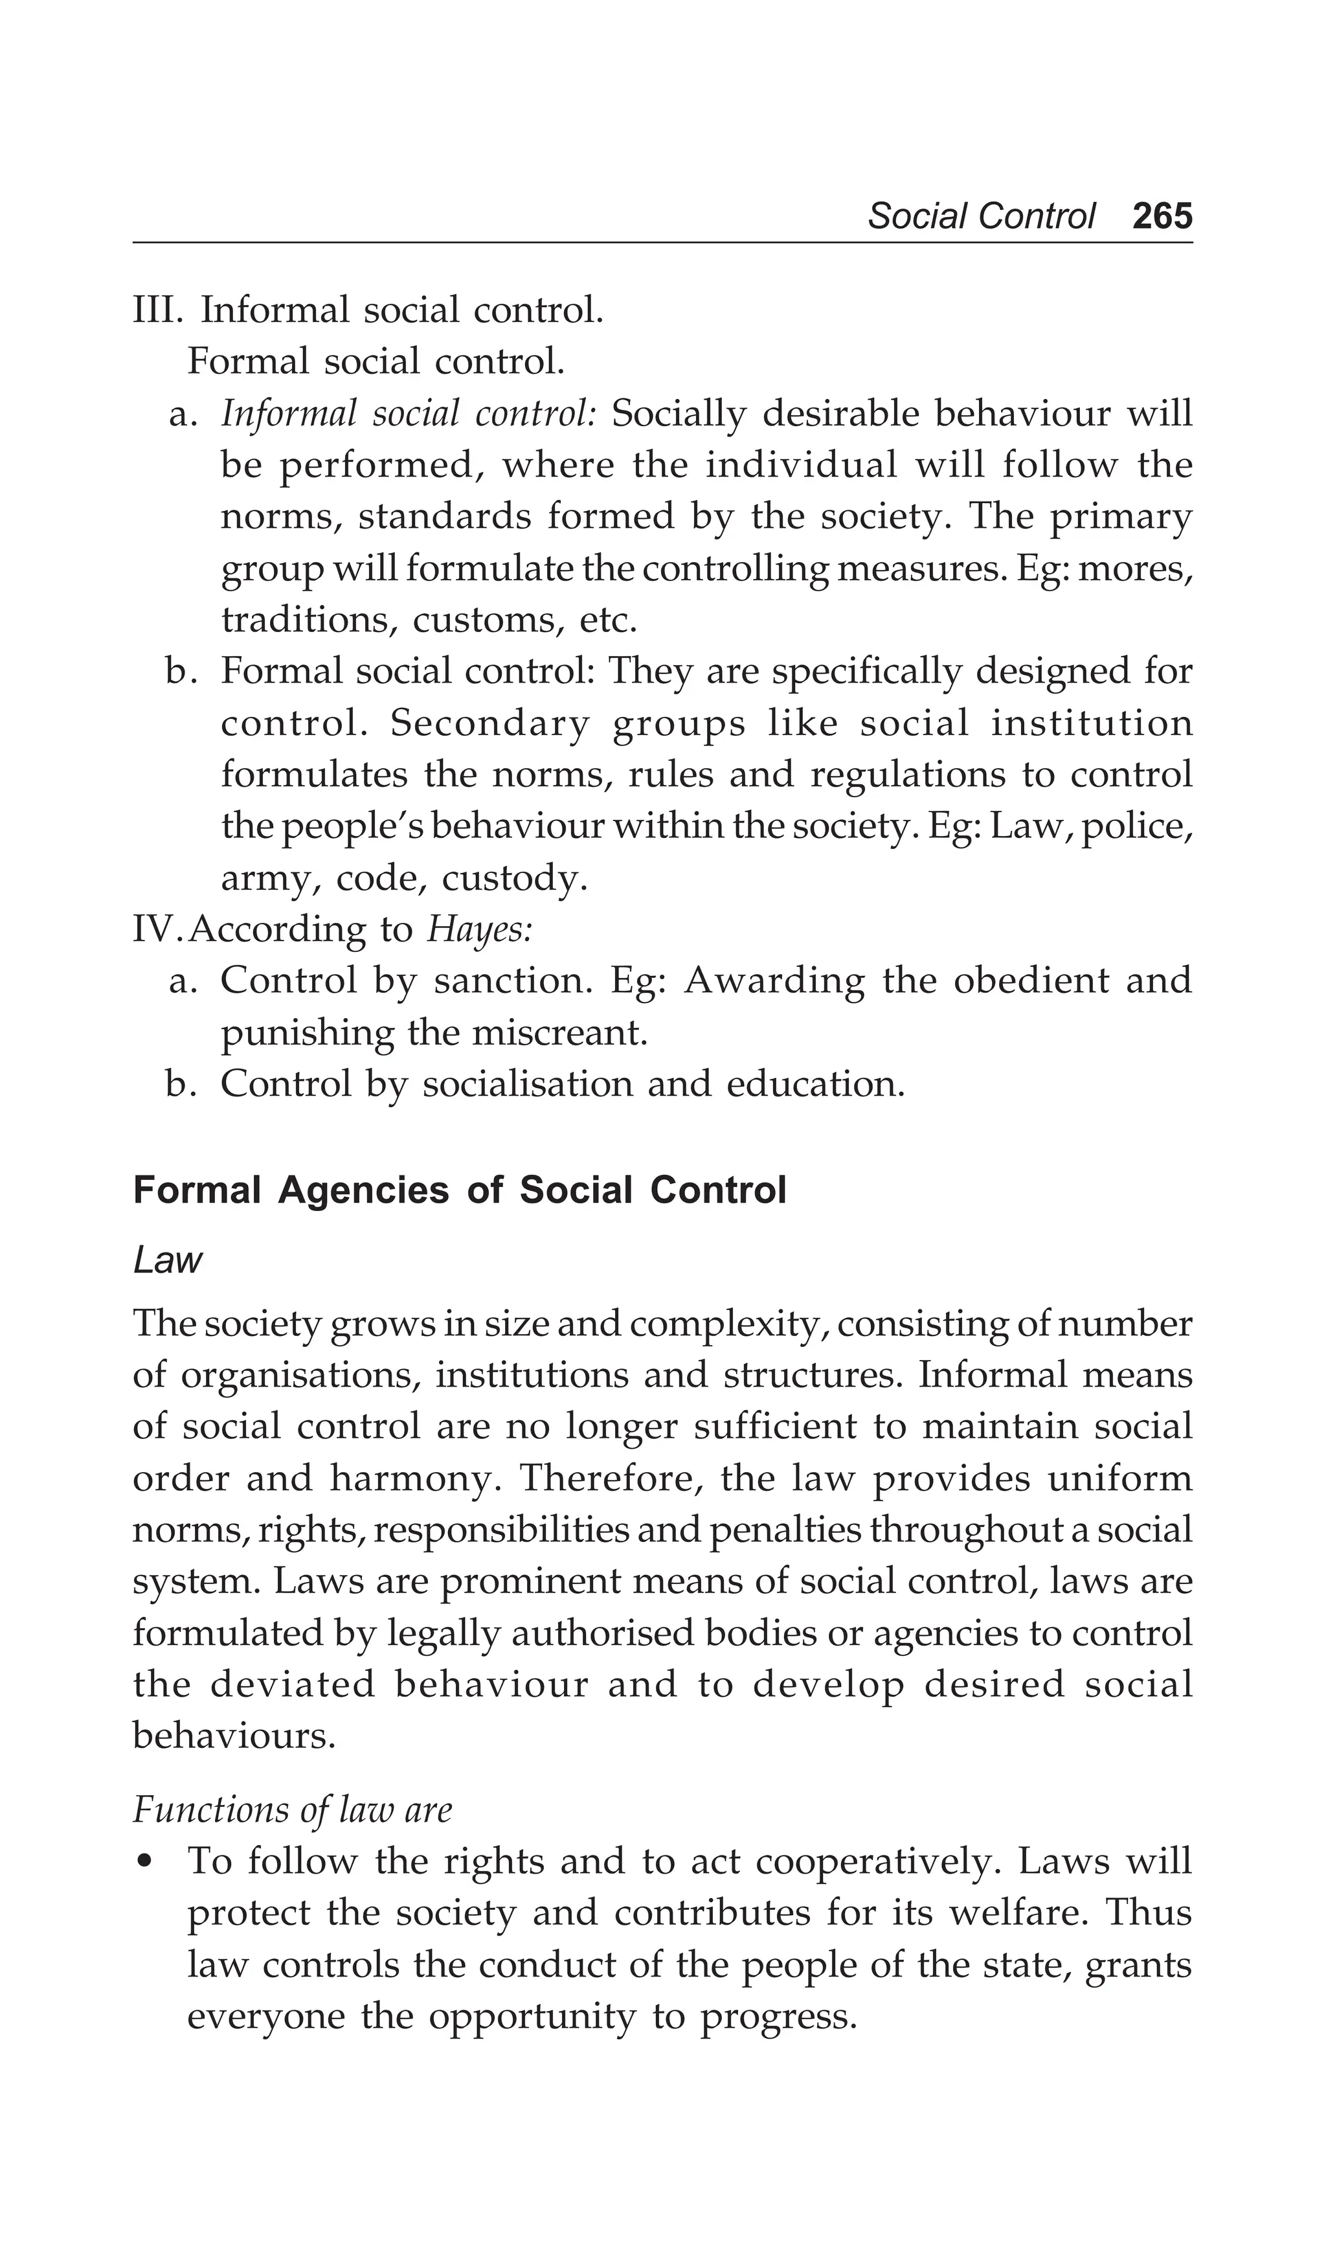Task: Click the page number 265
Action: (x=1162, y=216)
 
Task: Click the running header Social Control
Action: (x=981, y=216)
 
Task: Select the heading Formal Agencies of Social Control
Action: (x=459, y=1191)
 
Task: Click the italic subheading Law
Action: (x=167, y=1261)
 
